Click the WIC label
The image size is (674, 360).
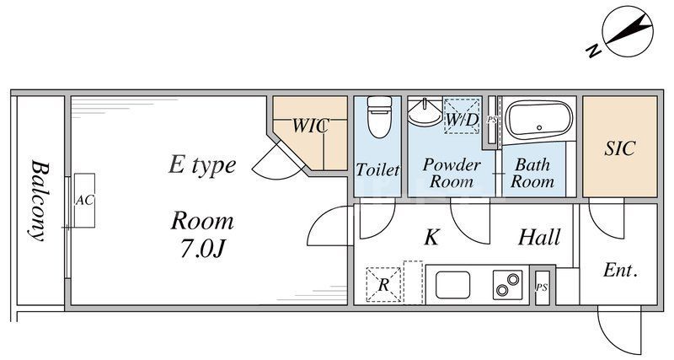pos(309,126)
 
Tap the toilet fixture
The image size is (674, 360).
pos(377,118)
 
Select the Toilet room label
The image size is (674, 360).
pos(377,169)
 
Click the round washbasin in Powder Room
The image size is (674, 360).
pos(425,113)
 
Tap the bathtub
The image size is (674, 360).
pos(538,121)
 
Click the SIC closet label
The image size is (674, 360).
pos(619,148)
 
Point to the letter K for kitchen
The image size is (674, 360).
pos(431,238)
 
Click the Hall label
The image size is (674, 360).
pos(539,238)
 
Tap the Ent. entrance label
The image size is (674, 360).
pos(619,271)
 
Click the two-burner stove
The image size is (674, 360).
pos(506,284)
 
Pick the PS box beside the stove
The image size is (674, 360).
pos(541,287)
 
